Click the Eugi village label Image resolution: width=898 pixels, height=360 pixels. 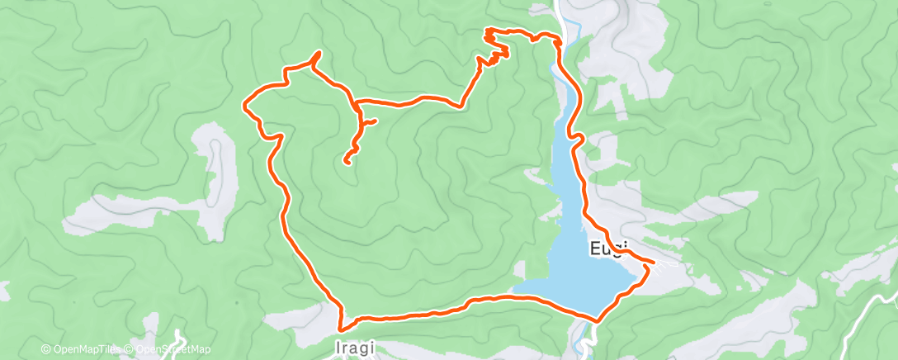[610, 248]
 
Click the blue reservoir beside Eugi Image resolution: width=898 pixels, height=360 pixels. [578, 264]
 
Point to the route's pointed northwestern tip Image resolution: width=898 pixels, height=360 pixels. [318, 54]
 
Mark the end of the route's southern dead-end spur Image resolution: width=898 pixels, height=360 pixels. [347, 163]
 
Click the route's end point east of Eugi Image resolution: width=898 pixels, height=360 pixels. [655, 263]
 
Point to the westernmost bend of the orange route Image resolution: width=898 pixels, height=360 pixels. [244, 104]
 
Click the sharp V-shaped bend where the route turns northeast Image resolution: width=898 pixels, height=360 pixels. [460, 105]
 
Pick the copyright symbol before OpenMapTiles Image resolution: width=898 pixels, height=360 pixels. [46, 349]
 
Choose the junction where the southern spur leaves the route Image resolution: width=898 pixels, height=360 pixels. [356, 106]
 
